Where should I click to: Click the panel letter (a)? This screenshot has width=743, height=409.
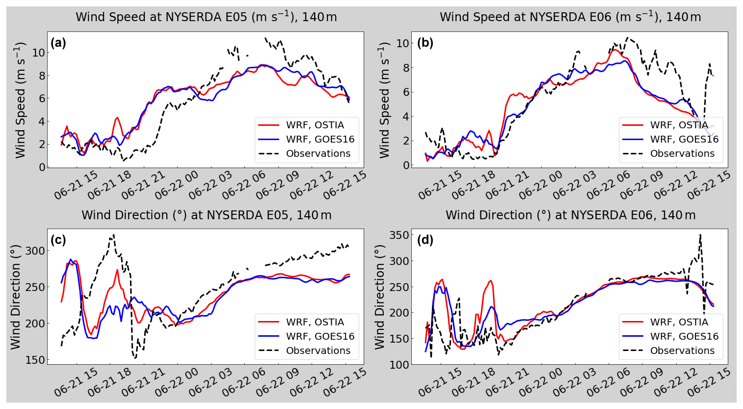[x=58, y=43]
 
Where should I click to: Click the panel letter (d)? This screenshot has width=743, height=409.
[x=425, y=240]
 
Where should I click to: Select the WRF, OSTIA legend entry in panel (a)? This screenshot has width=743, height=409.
[x=315, y=125]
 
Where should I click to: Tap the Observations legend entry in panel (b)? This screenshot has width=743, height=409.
[x=682, y=153]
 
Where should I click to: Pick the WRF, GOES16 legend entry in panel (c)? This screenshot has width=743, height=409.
[x=319, y=336]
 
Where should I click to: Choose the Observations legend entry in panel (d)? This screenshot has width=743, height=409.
[x=682, y=351]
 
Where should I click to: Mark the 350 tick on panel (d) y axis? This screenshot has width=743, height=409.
[x=399, y=235]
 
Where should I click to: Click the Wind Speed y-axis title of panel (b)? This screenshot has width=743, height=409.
[x=384, y=100]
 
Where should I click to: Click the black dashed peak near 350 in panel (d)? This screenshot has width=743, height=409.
[x=700, y=234]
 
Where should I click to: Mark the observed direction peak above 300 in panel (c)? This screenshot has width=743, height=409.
[x=113, y=235]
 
